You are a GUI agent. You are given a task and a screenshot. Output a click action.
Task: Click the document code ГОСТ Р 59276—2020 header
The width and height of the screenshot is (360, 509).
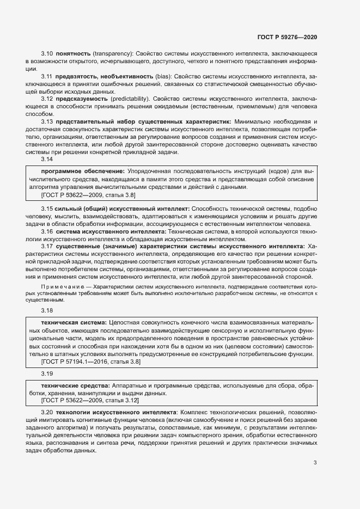pos(287,37)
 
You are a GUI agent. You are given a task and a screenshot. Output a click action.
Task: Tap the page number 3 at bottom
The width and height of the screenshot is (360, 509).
pos(315,463)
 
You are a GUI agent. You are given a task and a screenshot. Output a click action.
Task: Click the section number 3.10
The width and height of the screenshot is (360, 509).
pos(47,54)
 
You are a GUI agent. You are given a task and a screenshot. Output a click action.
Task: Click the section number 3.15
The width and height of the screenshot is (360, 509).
pos(47,208)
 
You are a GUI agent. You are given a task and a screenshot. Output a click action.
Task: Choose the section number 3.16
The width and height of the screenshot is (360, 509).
pos(47,231)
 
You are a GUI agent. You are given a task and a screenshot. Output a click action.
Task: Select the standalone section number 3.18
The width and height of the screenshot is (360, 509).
pos(47,310)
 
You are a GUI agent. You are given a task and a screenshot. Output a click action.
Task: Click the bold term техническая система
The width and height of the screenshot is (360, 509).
pos(74,323)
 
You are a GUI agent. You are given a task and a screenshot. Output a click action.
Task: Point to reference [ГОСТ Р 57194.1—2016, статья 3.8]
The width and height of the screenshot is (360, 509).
pos(91,361)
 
